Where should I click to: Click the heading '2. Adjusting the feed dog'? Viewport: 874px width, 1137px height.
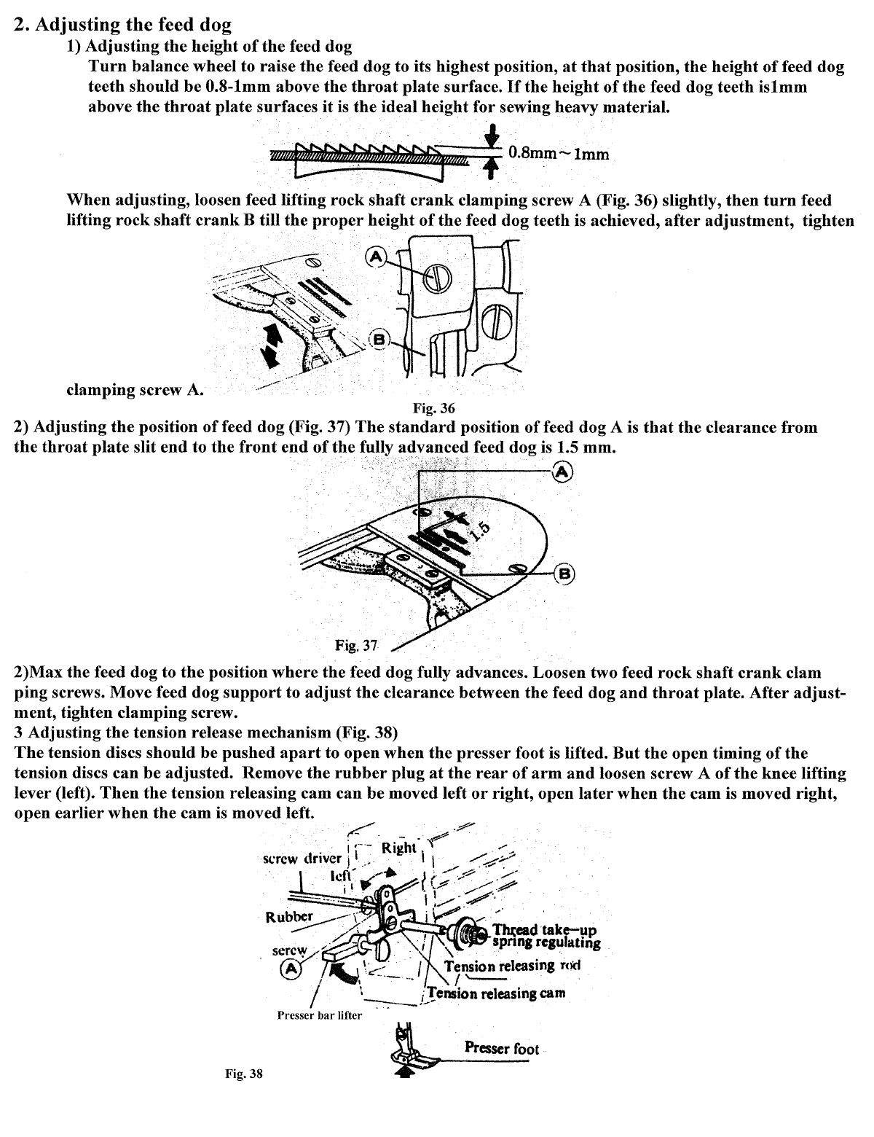pyautogui.click(x=123, y=24)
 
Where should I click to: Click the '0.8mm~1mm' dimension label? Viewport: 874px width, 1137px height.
pyautogui.click(x=558, y=154)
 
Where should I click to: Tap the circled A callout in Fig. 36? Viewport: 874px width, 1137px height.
pyautogui.click(x=375, y=256)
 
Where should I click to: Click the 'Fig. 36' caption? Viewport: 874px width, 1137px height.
pyautogui.click(x=434, y=408)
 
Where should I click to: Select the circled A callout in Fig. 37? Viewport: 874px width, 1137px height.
pyautogui.click(x=562, y=472)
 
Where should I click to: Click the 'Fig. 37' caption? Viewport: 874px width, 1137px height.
pyautogui.click(x=357, y=646)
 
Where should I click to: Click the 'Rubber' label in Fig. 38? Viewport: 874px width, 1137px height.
pyautogui.click(x=289, y=916)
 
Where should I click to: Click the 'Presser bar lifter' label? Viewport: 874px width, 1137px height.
pyautogui.click(x=319, y=1015)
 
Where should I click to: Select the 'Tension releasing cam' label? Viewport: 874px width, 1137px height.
pyautogui.click(x=496, y=993)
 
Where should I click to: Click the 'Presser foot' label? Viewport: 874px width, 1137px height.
pyautogui.click(x=502, y=1049)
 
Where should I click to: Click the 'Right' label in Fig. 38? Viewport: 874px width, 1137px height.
pyautogui.click(x=399, y=848)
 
